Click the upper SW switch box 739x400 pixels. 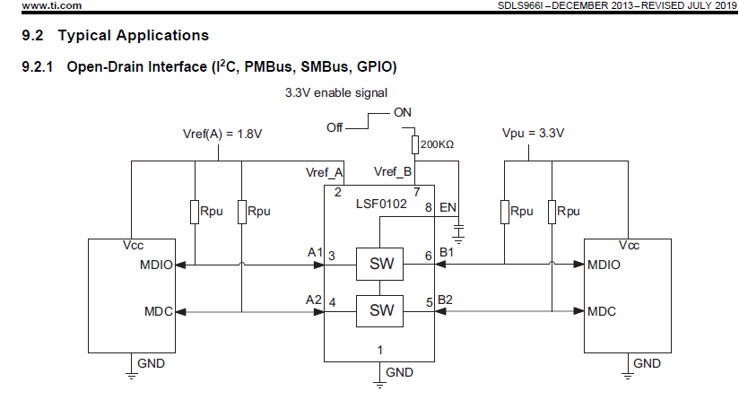(379, 264)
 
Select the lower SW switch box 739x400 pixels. (379, 311)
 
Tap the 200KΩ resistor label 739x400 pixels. (437, 144)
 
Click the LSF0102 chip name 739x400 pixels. (381, 204)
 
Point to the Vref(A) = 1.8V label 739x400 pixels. (222, 135)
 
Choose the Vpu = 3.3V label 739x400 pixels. (533, 134)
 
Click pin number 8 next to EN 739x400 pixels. (429, 208)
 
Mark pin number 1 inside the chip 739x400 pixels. (380, 350)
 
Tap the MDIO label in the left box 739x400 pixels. (156, 265)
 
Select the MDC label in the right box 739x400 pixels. (602, 311)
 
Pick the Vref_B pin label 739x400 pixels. (393, 172)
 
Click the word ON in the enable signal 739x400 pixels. (403, 113)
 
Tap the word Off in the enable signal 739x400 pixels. (335, 127)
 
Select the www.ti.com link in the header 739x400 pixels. (51, 5)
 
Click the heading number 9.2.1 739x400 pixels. (38, 67)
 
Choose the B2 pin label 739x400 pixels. (445, 300)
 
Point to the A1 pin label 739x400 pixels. (315, 253)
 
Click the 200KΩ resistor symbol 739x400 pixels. (414, 144)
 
